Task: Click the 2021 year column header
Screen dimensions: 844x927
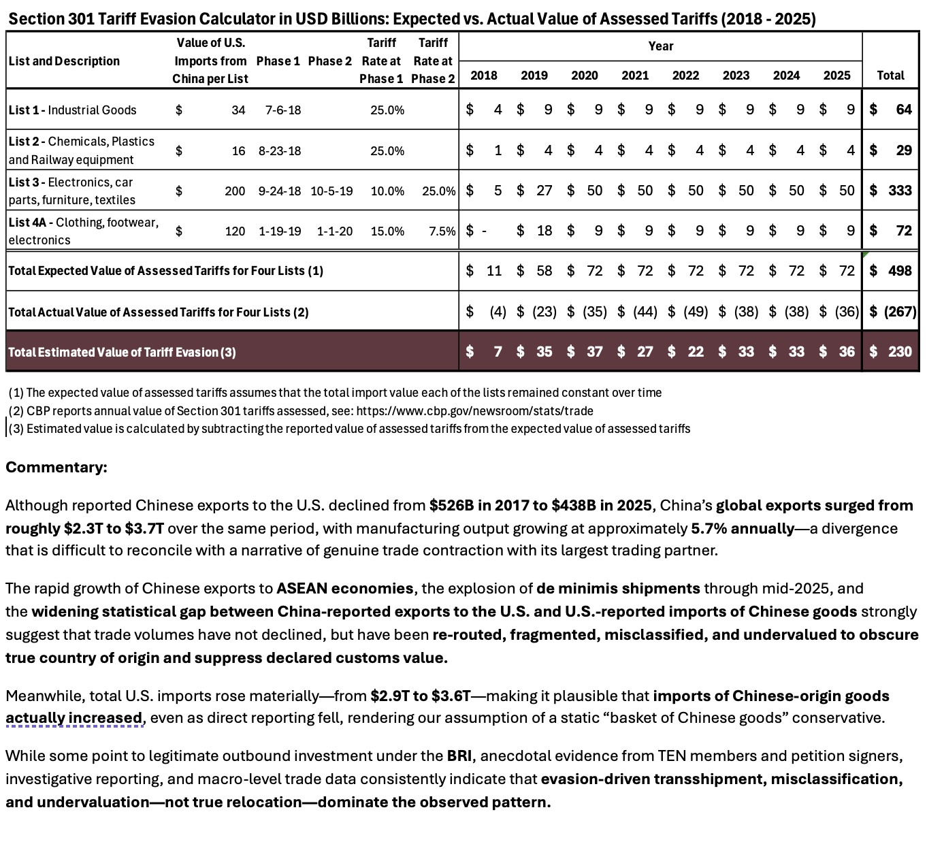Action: coord(634,76)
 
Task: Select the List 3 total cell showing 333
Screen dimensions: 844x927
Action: coord(899,191)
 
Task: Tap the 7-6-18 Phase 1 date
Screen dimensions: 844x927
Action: coord(283,110)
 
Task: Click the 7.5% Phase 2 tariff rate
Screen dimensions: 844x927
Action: coord(442,231)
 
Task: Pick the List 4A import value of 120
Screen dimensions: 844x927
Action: coord(235,231)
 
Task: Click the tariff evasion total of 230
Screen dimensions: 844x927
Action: coord(899,352)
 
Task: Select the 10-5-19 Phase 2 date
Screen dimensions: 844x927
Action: coord(331,191)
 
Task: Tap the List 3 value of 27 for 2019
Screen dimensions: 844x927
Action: coord(544,191)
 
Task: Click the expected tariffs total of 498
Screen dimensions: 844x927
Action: coord(899,271)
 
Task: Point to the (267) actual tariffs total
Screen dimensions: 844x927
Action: coord(899,312)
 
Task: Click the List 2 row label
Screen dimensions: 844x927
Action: coord(81,150)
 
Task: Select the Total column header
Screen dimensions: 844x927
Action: coord(890,76)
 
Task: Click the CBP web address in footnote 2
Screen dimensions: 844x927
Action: coord(474,411)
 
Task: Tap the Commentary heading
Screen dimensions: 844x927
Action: coord(56,468)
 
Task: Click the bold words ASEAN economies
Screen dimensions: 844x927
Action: coord(344,589)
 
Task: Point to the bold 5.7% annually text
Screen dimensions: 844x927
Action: coord(743,529)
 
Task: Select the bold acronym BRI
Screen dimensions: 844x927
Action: coord(459,756)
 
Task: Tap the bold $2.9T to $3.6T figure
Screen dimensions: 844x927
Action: coord(420,696)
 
